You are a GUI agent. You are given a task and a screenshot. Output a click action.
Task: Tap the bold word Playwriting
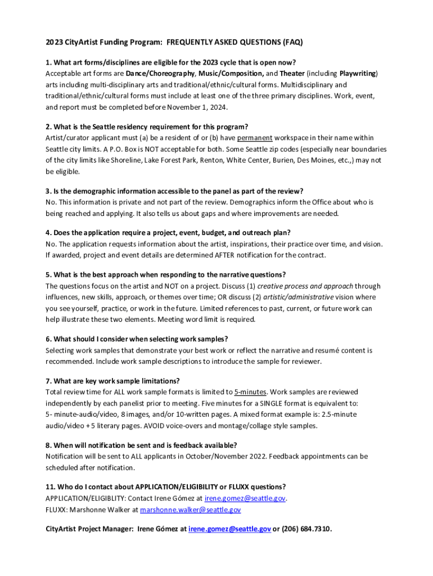point(358,74)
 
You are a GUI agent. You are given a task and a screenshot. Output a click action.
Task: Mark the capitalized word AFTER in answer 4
point(227,255)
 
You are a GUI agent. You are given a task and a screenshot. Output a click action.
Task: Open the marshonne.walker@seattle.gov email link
point(190,510)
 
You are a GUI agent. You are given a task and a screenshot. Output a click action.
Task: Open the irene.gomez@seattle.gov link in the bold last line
point(229,529)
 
